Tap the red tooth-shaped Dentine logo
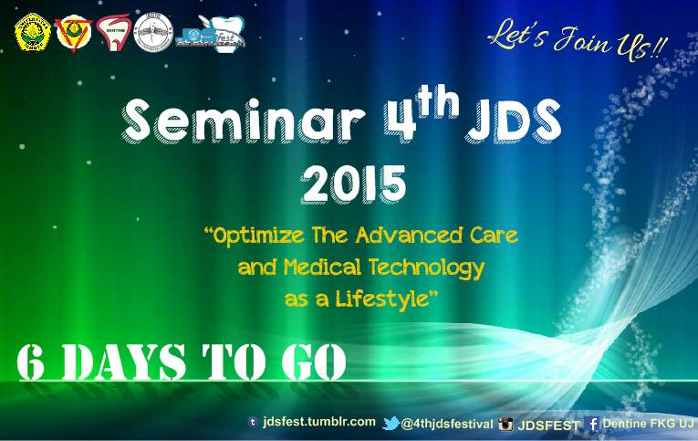click(x=112, y=32)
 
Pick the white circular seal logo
click(x=152, y=33)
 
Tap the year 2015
click(x=354, y=184)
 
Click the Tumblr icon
click(x=253, y=422)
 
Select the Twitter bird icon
click(x=391, y=423)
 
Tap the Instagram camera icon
click(x=505, y=424)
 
